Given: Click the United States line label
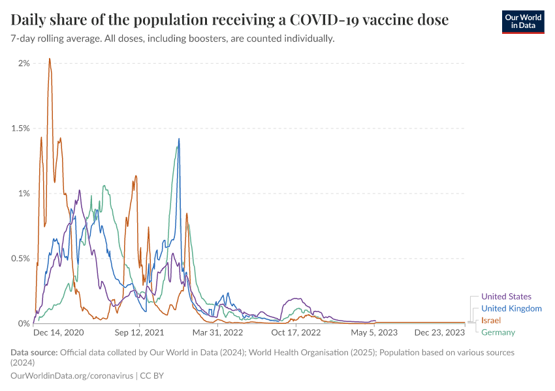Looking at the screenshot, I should click(x=506, y=297).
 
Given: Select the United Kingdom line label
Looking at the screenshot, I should click(x=511, y=308).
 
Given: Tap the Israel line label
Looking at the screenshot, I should click(x=491, y=321).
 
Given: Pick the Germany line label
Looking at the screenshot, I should click(x=498, y=332).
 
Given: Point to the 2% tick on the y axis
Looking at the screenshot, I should click(x=24, y=63).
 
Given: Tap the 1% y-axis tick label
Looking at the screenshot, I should click(x=24, y=194).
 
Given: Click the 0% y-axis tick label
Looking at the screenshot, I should click(x=24, y=323).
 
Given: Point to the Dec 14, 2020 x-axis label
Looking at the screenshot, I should click(x=58, y=332).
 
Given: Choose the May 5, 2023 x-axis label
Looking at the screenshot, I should click(x=374, y=332).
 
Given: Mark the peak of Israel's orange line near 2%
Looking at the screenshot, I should click(x=50, y=59).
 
